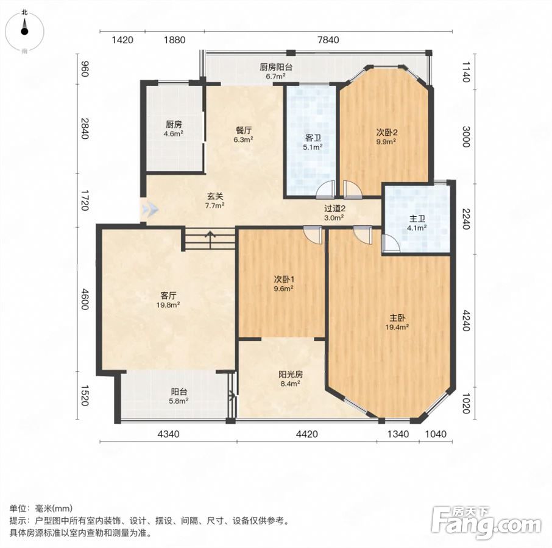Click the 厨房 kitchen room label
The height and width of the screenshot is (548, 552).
pyautogui.click(x=174, y=124)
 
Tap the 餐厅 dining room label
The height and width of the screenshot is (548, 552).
pyautogui.click(x=244, y=130)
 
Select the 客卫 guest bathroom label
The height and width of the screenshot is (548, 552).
pyautogui.click(x=313, y=138)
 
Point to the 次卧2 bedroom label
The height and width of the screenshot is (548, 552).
pyautogui.click(x=387, y=133)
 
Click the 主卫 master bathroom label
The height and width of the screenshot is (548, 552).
pyautogui.click(x=417, y=219)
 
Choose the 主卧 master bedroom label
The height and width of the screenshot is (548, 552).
pyautogui.click(x=397, y=318)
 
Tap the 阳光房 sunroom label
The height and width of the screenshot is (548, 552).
pyautogui.click(x=291, y=374)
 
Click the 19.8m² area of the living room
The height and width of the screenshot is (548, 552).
pyautogui.click(x=168, y=305)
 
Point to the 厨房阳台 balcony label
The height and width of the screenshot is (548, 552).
pyautogui.click(x=276, y=67)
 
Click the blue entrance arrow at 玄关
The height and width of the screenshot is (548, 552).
pyautogui.click(x=150, y=209)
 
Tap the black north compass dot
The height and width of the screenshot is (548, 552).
pyautogui.click(x=24, y=31)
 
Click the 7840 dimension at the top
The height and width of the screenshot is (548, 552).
pyautogui.click(x=328, y=40)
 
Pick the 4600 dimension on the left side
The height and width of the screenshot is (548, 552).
pyautogui.click(x=85, y=299)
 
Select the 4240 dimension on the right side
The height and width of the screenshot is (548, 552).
pyautogui.click(x=465, y=320)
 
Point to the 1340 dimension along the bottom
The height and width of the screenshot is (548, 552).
pyautogui.click(x=398, y=434)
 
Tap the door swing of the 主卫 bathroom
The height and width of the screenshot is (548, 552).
pyautogui.click(x=391, y=244)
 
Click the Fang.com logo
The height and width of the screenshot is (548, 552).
pyautogui.click(x=487, y=522)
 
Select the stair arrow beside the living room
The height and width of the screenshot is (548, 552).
pyautogui.click(x=211, y=239)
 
